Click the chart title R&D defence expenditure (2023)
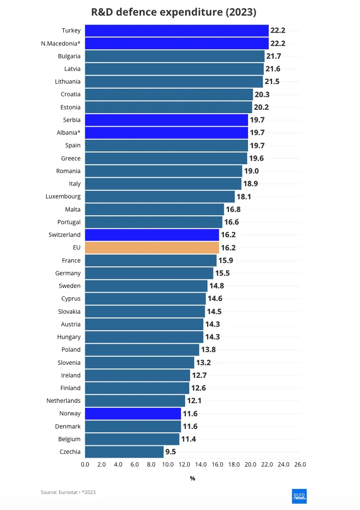(174, 12)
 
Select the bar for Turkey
(177, 30)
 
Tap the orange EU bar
(152, 247)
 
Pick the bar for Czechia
(124, 452)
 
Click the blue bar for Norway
(133, 413)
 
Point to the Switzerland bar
(152, 235)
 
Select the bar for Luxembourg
(160, 196)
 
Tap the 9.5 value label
(171, 452)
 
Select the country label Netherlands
(63, 401)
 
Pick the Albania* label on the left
(68, 133)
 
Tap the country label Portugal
(69, 222)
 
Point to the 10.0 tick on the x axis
(168, 464)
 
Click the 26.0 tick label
(300, 464)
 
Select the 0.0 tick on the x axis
(85, 464)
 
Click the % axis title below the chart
(193, 478)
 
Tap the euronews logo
(299, 496)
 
